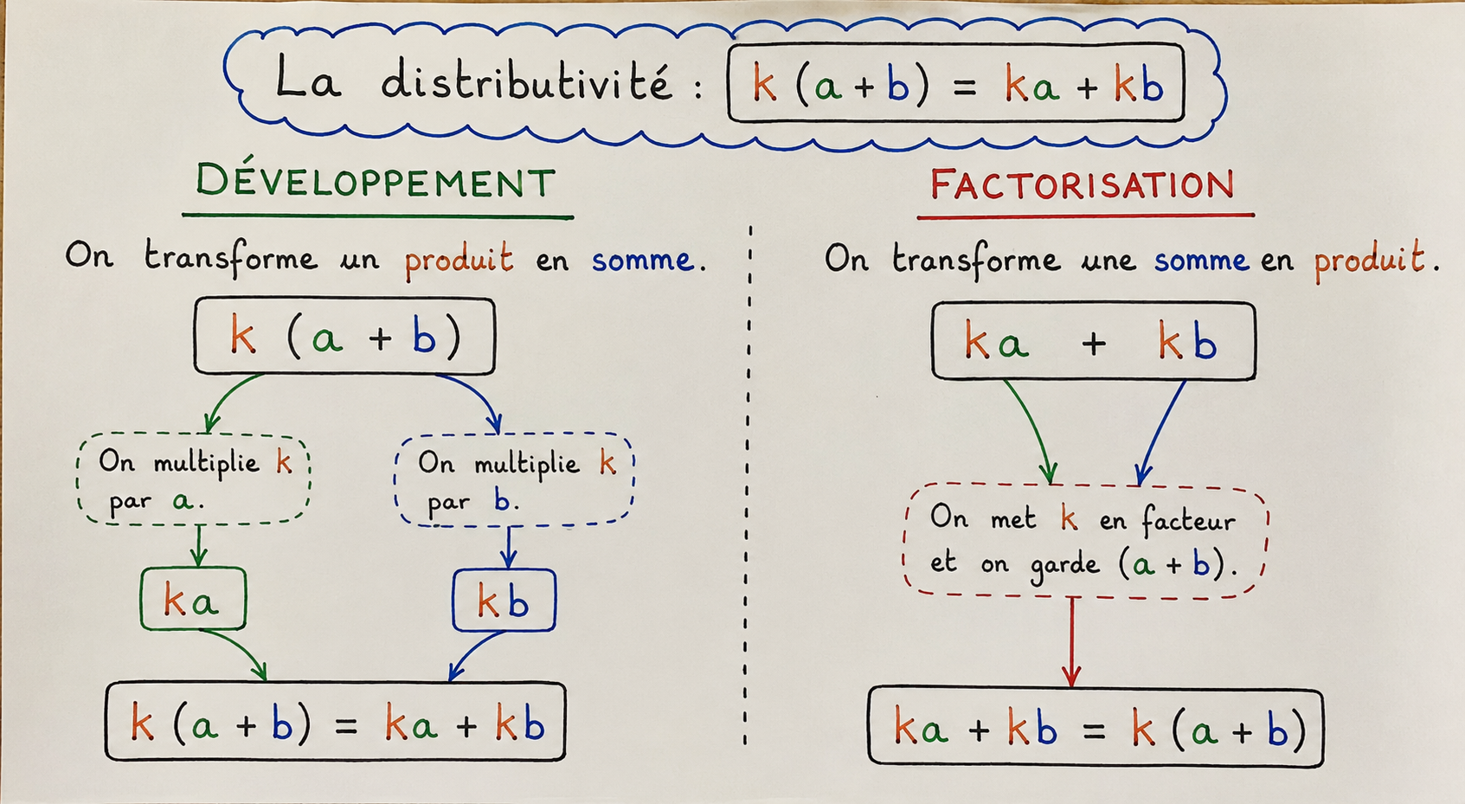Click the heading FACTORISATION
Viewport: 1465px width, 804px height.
(1083, 183)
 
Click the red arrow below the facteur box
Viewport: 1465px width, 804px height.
(1072, 642)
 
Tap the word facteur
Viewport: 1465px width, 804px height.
(1188, 521)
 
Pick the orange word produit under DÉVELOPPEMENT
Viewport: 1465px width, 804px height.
(459, 260)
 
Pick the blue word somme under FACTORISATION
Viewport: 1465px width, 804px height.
(1201, 261)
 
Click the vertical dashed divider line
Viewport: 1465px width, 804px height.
(749, 486)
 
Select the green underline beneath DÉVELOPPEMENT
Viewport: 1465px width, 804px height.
(377, 215)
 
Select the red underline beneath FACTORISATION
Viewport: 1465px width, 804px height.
(1086, 215)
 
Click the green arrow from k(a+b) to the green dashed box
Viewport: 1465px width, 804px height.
(226, 396)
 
